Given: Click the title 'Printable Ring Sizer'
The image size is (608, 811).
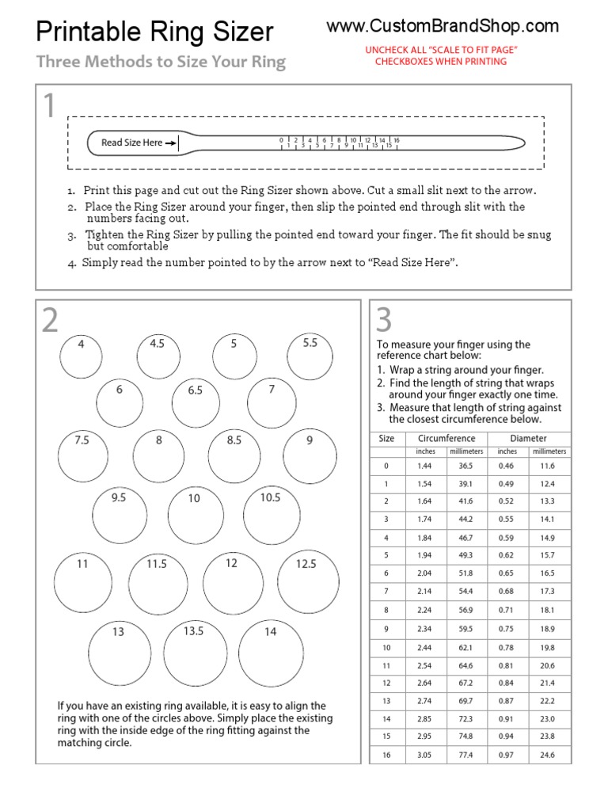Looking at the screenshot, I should (x=155, y=32).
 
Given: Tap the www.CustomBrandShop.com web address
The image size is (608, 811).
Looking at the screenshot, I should (x=443, y=26).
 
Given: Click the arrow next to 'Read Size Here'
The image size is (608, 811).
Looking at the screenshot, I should (x=171, y=143).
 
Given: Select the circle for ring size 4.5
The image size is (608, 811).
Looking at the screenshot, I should (x=158, y=356).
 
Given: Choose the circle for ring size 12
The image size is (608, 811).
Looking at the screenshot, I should (x=233, y=582).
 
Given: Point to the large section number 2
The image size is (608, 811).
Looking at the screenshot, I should (x=50, y=321).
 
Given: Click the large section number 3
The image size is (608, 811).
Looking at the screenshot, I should (x=384, y=320).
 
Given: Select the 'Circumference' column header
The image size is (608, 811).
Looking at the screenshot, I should (x=446, y=438).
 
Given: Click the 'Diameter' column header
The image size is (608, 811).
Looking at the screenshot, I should (x=528, y=438).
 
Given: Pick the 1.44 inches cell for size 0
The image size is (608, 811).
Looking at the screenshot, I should (x=425, y=466).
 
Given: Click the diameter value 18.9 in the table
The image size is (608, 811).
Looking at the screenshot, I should (x=547, y=629).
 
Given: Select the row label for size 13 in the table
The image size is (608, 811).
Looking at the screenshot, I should (x=386, y=701).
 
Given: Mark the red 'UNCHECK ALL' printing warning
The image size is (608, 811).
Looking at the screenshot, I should (x=441, y=55).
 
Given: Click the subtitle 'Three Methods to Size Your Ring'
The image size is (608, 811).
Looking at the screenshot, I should (x=161, y=63).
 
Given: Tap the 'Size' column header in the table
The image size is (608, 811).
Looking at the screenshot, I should (x=386, y=438).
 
